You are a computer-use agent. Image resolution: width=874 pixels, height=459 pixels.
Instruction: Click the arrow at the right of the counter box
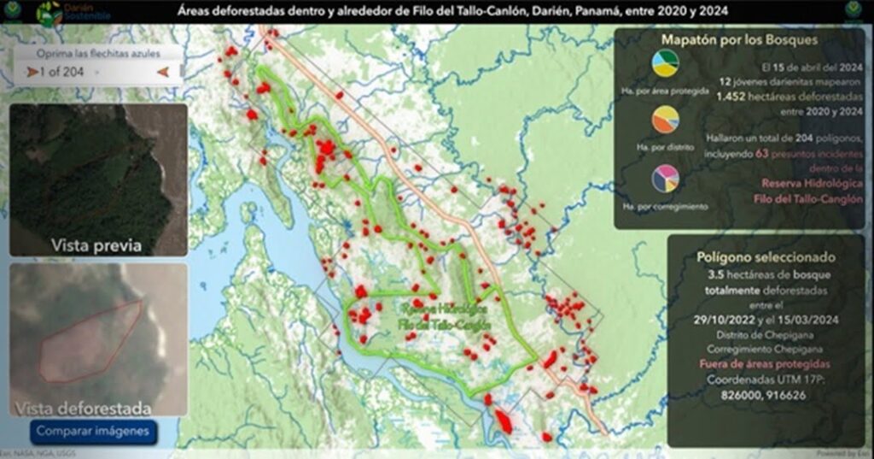click(x=162, y=72)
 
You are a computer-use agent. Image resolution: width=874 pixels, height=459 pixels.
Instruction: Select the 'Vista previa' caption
click(x=96, y=245)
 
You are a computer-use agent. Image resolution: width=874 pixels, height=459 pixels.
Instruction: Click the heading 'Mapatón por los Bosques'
click(x=739, y=39)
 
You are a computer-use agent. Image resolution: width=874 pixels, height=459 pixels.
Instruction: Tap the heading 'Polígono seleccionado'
click(x=765, y=256)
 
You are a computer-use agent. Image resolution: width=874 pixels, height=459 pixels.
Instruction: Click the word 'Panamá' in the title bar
click(x=581, y=12)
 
